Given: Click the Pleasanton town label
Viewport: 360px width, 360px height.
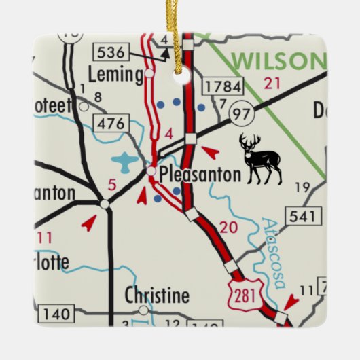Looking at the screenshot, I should click(200, 175).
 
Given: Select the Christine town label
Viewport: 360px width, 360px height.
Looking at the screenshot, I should click(157, 295).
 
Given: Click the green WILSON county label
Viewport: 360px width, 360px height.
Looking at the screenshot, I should click(275, 60).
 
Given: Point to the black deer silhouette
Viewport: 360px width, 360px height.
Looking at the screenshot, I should click(261, 159).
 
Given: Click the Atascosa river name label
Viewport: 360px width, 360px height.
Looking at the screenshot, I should click(277, 252).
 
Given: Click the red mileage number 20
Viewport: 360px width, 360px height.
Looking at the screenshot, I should click(228, 227).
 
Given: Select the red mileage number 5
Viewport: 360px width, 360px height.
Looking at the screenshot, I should click(113, 183).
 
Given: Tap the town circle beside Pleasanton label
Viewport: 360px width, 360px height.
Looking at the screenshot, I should click(152, 173).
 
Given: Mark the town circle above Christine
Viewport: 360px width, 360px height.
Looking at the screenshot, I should click(143, 310).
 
